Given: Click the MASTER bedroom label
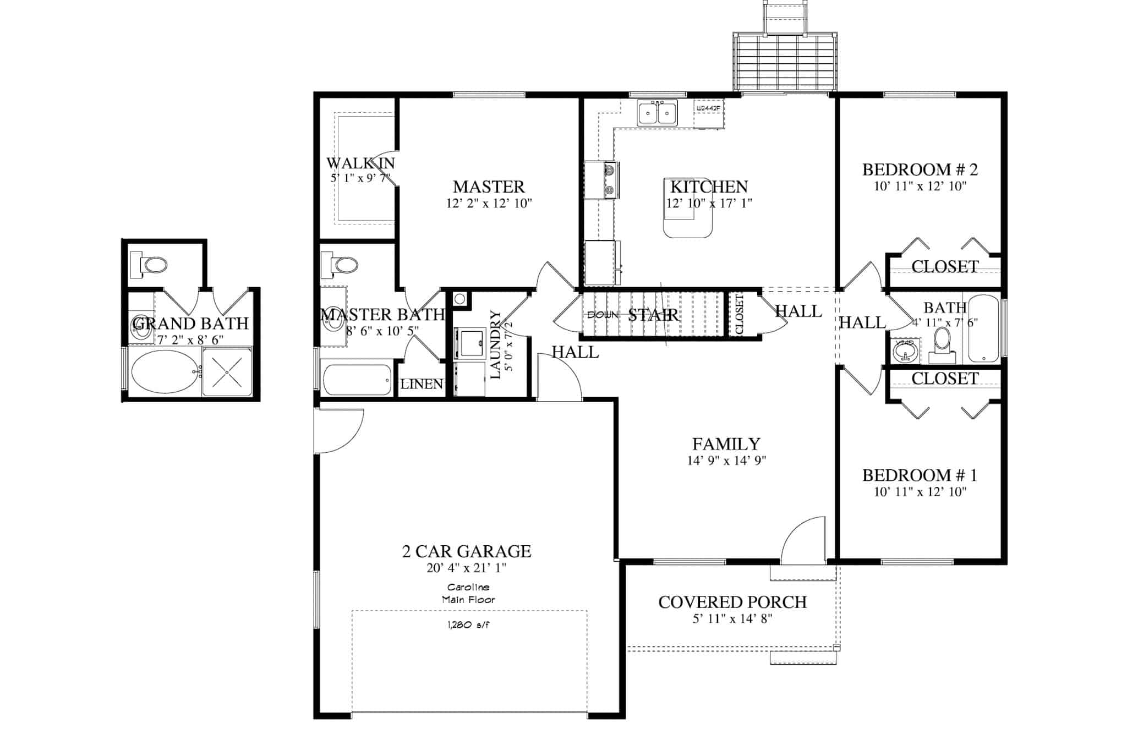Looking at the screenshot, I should point(489,187).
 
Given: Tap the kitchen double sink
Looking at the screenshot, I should point(657,113).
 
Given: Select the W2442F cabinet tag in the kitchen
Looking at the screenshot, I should point(708,108).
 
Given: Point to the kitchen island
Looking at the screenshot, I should point(688,217).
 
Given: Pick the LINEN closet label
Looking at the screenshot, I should point(422,384).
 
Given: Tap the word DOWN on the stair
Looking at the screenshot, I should point(603,315).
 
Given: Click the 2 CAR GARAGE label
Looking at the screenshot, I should point(467,551).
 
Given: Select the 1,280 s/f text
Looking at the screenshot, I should point(468,625).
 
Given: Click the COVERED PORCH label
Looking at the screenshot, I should point(732,602).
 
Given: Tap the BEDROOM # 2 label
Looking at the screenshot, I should point(920,169).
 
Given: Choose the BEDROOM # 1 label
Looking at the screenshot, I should point(920,475).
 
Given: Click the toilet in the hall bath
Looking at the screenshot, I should point(942,342).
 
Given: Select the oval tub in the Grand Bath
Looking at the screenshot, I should point(165,371).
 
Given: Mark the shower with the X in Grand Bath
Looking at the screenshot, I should point(227,371).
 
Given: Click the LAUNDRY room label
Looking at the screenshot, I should point(495,345).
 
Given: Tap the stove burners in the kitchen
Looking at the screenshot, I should point(610,180).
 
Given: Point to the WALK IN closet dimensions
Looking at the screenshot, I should point(360,178).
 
